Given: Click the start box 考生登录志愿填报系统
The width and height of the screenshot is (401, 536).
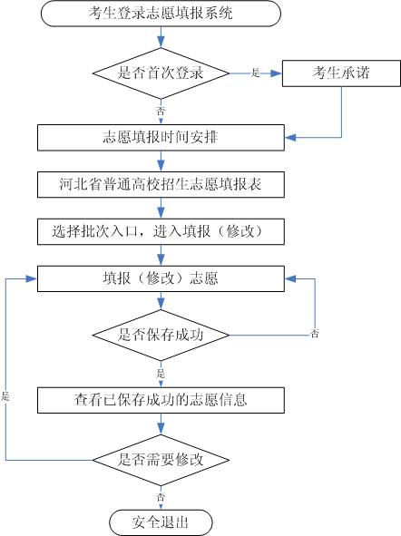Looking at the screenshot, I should pyautogui.click(x=161, y=15).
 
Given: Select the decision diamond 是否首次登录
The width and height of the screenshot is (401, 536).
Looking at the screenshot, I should pyautogui.click(x=161, y=72).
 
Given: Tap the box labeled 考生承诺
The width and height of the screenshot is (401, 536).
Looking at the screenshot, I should pyautogui.click(x=341, y=72).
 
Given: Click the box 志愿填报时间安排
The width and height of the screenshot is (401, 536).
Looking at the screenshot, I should pyautogui.click(x=161, y=138).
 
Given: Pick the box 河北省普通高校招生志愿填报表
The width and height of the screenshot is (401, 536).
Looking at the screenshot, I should pyautogui.click(x=161, y=184).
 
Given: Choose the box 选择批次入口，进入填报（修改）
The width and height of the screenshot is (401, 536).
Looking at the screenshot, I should pyautogui.click(x=161, y=230).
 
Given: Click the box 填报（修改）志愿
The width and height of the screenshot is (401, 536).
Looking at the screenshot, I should pyautogui.click(x=161, y=278).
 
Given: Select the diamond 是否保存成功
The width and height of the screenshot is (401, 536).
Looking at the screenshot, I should pyautogui.click(x=161, y=334).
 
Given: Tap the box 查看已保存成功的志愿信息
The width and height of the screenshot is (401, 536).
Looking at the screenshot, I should pyautogui.click(x=161, y=398).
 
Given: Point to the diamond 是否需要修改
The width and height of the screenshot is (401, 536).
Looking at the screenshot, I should pyautogui.click(x=161, y=459).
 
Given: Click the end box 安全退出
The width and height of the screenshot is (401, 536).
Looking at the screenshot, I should pyautogui.click(x=161, y=521).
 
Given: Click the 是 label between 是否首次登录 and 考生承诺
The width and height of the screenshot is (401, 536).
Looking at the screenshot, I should pyautogui.click(x=255, y=73).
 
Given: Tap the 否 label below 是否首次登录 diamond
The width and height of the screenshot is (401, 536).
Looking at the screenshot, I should pyautogui.click(x=161, y=110).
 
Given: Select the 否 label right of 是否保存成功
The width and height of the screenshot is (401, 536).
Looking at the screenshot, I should pyautogui.click(x=315, y=335).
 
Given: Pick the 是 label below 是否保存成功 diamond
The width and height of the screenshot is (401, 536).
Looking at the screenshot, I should pyautogui.click(x=161, y=372).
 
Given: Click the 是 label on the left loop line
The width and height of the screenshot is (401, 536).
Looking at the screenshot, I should pyautogui.click(x=5, y=397).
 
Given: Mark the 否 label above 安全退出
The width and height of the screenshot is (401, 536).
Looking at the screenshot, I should pyautogui.click(x=161, y=497).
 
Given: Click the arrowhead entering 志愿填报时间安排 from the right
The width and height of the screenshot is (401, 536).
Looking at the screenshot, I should pyautogui.click(x=289, y=138).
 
